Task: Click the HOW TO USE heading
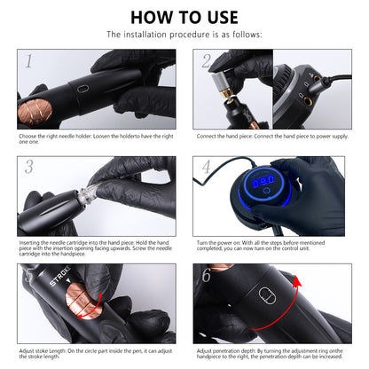(184, 18)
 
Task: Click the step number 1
(28, 61)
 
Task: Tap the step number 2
(206, 61)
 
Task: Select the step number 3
(29, 167)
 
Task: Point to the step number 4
(206, 167)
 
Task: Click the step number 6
(206, 275)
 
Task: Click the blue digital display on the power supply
(263, 180)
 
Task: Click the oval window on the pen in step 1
(82, 89)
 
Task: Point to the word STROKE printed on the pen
(60, 276)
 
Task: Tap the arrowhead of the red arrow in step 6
(297, 280)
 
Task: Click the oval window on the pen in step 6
(267, 295)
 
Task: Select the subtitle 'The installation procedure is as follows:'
(184, 35)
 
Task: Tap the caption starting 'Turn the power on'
(261, 246)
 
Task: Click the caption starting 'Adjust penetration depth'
(270, 354)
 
